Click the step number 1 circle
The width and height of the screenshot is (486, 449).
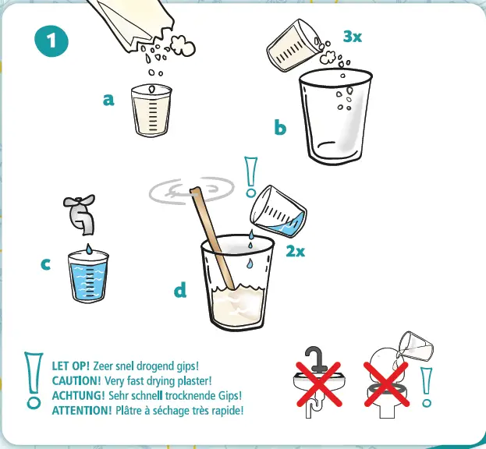click(x=51, y=41)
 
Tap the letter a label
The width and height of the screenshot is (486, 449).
click(x=108, y=100)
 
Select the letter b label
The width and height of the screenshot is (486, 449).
click(x=280, y=127)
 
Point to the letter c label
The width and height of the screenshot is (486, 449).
click(x=45, y=264)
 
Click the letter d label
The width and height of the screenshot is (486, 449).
click(x=180, y=290)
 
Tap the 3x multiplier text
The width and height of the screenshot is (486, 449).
click(x=353, y=37)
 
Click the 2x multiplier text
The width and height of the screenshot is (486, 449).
click(x=296, y=251)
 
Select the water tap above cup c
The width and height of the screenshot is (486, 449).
click(x=80, y=214)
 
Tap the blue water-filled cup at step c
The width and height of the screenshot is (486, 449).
click(x=88, y=277)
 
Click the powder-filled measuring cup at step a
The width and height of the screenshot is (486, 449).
click(x=151, y=110)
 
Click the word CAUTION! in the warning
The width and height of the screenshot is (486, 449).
click(x=76, y=380)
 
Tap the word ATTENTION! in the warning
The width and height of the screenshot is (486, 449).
click(x=82, y=410)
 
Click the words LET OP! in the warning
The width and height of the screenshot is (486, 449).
click(x=71, y=366)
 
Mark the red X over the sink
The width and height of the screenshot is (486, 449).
click(x=319, y=384)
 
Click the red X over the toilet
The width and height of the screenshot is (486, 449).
click(x=386, y=384)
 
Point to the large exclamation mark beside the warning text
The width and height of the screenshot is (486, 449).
click(x=34, y=380)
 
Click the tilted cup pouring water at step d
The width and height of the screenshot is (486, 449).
click(x=278, y=211)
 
